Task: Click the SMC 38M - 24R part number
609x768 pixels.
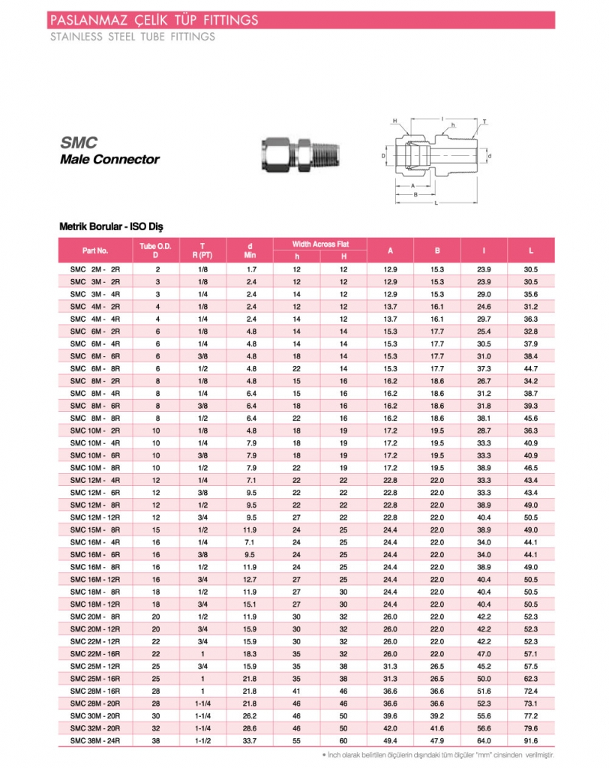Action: click(x=95, y=741)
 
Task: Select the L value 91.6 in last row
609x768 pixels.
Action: click(x=532, y=741)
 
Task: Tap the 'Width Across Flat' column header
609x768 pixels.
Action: click(x=320, y=244)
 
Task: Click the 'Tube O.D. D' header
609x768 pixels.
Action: click(x=156, y=250)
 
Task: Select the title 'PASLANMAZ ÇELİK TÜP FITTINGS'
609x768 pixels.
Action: click(x=153, y=19)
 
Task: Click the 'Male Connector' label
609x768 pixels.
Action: click(x=109, y=159)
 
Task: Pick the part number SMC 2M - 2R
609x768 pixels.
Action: click(x=95, y=268)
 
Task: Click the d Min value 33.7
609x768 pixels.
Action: click(x=251, y=741)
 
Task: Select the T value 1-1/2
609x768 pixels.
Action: click(x=202, y=741)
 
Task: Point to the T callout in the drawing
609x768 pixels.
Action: click(x=484, y=121)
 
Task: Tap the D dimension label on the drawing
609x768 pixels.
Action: click(x=383, y=156)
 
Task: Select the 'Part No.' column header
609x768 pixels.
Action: click(x=95, y=250)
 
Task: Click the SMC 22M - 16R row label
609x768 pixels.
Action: click(x=95, y=654)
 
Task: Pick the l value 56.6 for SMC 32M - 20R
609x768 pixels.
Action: click(x=484, y=728)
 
